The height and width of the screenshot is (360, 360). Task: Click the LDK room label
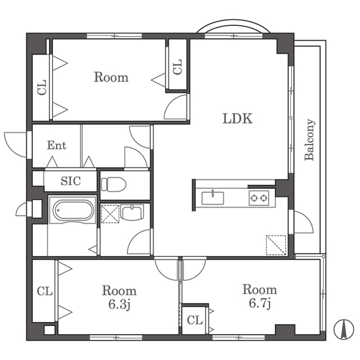[x=237, y=119]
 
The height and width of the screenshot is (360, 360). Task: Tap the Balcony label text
[x=309, y=139]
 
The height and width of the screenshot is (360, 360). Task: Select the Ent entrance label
[x=57, y=145]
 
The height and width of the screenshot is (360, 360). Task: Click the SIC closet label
[x=71, y=181]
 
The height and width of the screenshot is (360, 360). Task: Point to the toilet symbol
[x=114, y=184]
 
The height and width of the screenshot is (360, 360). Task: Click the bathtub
[x=73, y=210]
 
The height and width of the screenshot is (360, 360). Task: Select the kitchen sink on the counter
[x=213, y=197]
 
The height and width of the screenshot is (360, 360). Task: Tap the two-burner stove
[x=259, y=197]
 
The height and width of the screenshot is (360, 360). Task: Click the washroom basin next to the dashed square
[x=132, y=212]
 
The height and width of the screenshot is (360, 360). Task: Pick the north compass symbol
[x=344, y=329]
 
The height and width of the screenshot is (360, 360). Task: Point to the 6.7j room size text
[x=260, y=303]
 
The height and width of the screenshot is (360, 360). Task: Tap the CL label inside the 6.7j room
[x=195, y=320]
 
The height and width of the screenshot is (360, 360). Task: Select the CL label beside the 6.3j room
[x=45, y=291]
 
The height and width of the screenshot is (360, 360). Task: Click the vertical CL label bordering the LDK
[x=177, y=67]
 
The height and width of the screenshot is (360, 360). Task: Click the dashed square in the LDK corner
[x=276, y=245]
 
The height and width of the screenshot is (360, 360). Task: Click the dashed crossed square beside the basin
[x=110, y=214]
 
